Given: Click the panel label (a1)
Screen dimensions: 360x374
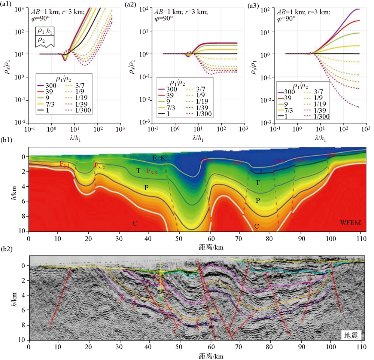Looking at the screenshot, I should pos(8,5).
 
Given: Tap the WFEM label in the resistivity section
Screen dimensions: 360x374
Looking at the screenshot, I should pos(350,222).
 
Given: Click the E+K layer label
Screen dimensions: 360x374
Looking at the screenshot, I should pos(159,158).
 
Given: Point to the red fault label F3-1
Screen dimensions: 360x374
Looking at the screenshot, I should pos(64,164).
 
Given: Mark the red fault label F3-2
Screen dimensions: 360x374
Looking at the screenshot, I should pos(99,166).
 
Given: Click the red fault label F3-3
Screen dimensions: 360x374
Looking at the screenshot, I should pos(152,171).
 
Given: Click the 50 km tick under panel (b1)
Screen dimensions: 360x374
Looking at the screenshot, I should pos(179,238).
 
